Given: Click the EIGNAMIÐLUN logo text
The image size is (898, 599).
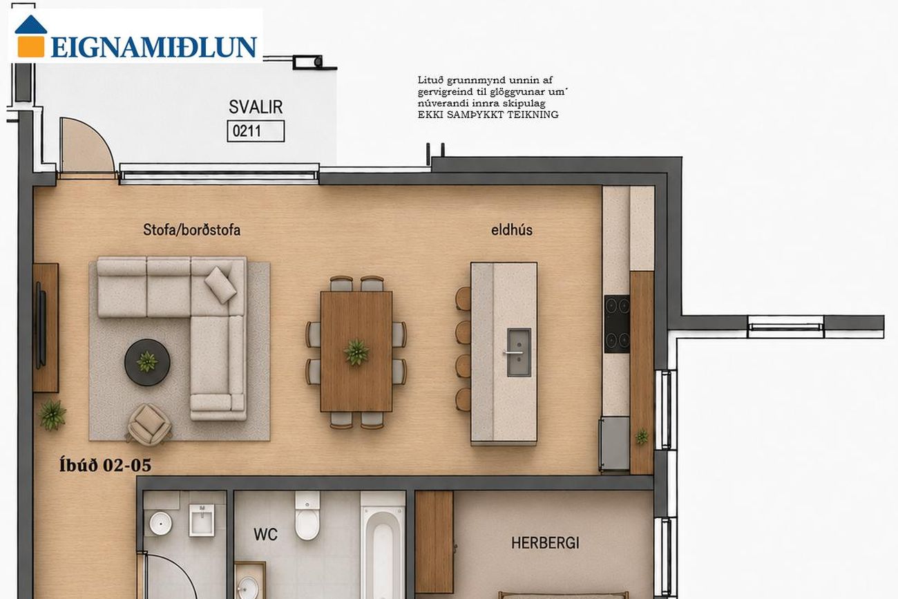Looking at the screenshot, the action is [154, 47].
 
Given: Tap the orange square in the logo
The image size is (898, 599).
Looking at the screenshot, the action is [31, 46].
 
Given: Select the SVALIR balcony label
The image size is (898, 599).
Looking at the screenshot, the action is [256, 107].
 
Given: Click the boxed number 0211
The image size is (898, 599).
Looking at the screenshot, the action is [256, 131].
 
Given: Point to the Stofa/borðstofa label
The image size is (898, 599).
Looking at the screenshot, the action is [191, 230].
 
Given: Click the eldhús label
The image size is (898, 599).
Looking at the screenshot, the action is [512, 230].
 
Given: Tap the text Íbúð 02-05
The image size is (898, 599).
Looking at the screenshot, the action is [106, 465].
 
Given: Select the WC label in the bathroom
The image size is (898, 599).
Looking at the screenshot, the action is [265, 535].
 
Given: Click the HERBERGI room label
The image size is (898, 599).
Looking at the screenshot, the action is [545, 543].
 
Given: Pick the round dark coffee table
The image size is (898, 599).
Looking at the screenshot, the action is [147, 362].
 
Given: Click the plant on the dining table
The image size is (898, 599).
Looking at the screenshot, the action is [356, 352].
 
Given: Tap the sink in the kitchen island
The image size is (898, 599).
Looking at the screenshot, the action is [519, 352].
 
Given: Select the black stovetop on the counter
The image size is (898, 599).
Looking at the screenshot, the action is [617, 324].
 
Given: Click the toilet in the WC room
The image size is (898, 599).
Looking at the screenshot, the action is [307, 515].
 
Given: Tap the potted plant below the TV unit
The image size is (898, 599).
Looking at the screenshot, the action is [52, 415].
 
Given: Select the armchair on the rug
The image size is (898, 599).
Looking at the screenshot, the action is [149, 424].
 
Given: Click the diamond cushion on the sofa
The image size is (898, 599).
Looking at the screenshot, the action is [220, 285].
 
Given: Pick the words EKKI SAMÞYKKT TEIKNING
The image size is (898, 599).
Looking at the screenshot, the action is [488, 115].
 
